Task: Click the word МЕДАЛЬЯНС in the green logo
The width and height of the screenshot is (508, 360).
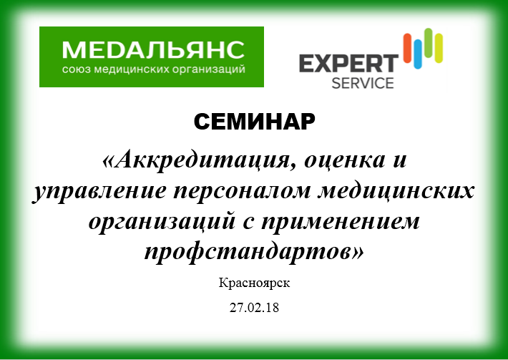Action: pyautogui.click(x=153, y=50)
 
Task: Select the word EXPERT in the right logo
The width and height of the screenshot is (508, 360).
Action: pyautogui.click(x=348, y=64)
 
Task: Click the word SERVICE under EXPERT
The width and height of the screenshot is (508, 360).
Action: pyautogui.click(x=363, y=83)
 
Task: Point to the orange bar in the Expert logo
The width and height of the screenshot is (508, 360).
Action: pyautogui.click(x=407, y=48)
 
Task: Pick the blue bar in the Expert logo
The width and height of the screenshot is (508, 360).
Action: pyautogui.click(x=418, y=54)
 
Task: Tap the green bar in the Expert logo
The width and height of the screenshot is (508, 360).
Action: pyautogui.click(x=429, y=43)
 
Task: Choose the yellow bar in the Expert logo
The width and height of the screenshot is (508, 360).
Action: pyautogui.click(x=439, y=48)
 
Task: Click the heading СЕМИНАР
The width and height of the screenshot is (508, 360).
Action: pyautogui.click(x=254, y=122)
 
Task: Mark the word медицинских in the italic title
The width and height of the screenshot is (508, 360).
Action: pyautogui.click(x=396, y=191)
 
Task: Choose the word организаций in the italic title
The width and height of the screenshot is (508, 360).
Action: pyautogui.click(x=161, y=223)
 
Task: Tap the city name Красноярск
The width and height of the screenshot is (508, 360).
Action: pyautogui.click(x=254, y=283)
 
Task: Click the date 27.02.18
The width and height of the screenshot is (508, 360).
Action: pyautogui.click(x=254, y=308)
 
